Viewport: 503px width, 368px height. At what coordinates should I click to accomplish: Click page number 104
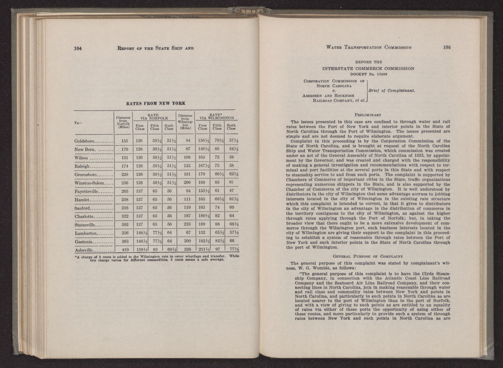point(78,48)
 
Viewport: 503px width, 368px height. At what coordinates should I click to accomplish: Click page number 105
point(447,47)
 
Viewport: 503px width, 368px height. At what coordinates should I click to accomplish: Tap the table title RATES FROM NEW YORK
point(156,103)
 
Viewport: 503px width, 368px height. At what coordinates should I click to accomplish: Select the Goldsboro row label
point(84,141)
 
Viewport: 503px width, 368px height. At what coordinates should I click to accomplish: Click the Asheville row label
point(84,250)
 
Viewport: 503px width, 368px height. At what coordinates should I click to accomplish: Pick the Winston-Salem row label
point(89,183)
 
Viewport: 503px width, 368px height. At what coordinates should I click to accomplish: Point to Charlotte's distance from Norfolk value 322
point(125,216)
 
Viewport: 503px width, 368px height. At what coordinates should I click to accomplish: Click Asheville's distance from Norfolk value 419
point(125,250)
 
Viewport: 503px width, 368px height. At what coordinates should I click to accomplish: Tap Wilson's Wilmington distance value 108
point(187,158)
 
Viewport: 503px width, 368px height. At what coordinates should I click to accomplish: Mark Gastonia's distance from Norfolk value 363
point(125,241)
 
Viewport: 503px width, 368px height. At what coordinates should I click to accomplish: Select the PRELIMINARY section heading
point(368,115)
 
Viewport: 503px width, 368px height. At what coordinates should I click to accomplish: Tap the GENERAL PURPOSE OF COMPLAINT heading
point(368,257)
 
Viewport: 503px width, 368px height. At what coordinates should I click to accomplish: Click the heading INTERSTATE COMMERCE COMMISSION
point(368,68)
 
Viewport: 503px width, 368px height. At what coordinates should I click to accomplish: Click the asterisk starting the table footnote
point(75,256)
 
